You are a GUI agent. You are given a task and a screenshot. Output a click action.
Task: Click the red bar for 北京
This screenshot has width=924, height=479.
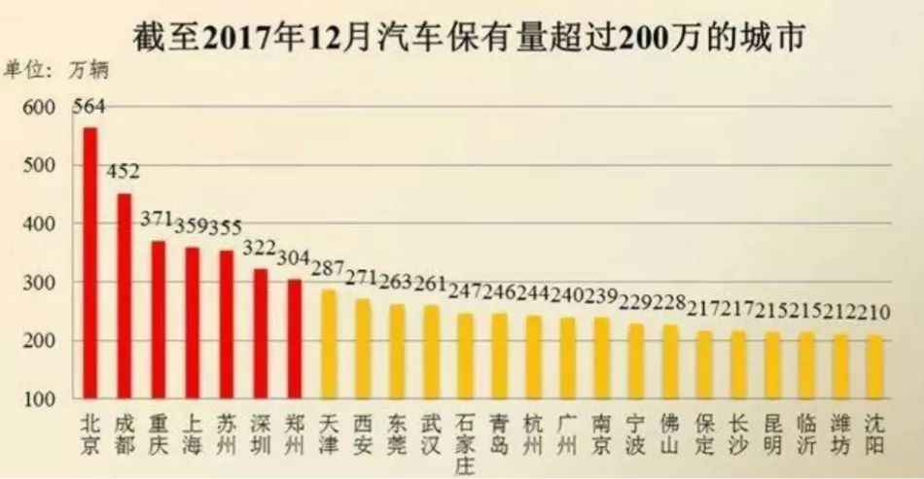90,262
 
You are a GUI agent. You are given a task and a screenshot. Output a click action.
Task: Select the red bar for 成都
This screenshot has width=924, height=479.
124,295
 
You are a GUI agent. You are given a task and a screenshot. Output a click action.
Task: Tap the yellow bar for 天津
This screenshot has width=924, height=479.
328,343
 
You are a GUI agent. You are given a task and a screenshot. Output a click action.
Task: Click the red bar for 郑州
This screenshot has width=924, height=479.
294,338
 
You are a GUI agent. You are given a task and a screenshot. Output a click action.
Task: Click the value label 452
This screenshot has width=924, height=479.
124,173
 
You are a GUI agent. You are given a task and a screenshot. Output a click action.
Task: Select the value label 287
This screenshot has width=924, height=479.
328,268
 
